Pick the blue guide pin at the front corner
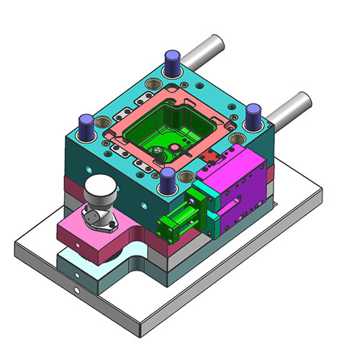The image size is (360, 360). point(168,180)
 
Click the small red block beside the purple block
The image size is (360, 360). point(211,158)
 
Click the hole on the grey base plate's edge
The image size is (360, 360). point(76,291)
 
